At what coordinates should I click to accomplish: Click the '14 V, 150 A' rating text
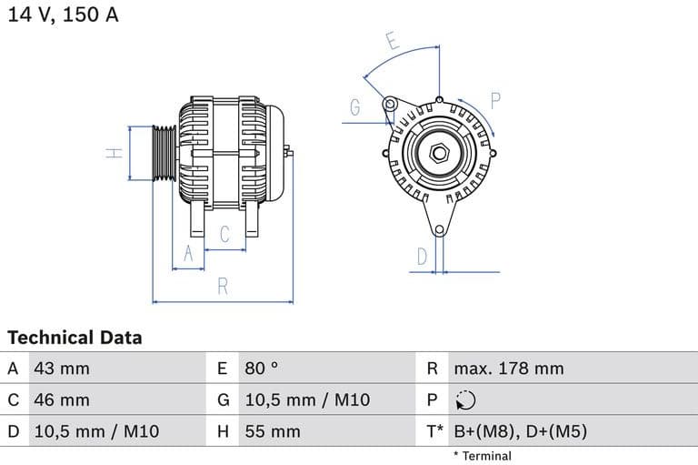(64, 15)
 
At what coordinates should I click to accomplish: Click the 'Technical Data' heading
(75, 338)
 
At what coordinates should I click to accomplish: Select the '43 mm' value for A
(61, 369)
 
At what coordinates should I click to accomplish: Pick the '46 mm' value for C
(61, 399)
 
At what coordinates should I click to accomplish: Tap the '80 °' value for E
(262, 369)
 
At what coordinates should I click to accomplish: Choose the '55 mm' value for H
(272, 431)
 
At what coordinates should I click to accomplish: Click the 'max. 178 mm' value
(509, 369)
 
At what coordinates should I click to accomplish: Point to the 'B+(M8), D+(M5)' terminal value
(520, 431)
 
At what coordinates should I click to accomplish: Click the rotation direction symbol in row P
(464, 400)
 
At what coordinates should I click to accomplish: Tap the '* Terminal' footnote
(482, 456)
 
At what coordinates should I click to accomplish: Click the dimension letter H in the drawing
(115, 153)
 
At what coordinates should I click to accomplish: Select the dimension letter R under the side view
(222, 287)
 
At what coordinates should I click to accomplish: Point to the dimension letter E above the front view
(392, 41)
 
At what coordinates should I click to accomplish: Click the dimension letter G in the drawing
(355, 107)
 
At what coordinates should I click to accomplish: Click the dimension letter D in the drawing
(422, 258)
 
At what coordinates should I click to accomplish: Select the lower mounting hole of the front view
(439, 229)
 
